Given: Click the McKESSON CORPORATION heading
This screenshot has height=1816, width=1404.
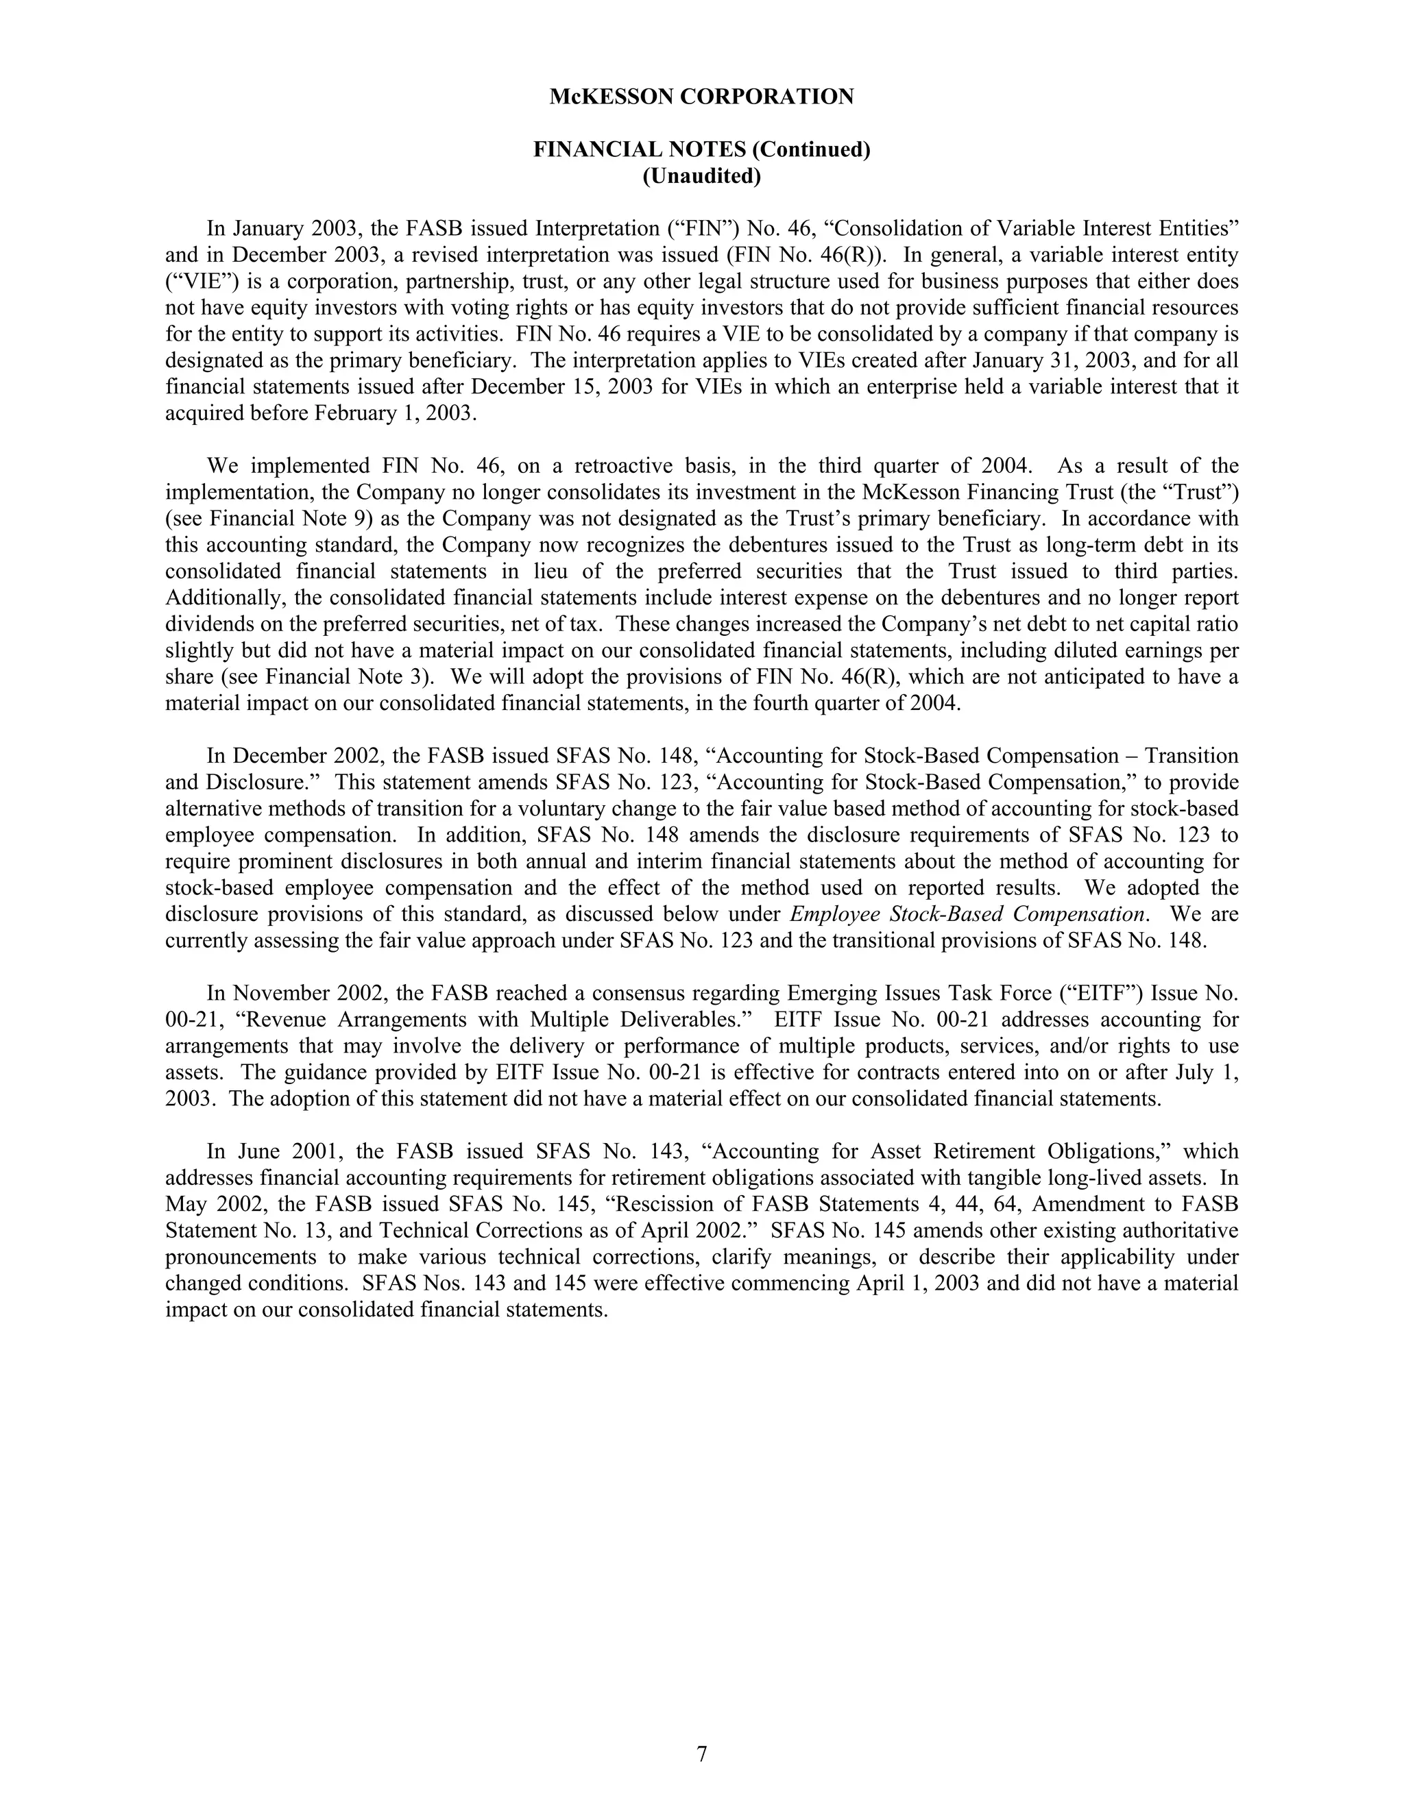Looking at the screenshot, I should (701, 97).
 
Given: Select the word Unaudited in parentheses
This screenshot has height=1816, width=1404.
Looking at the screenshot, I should (701, 176).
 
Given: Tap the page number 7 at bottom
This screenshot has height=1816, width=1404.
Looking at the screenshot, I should (701, 1754).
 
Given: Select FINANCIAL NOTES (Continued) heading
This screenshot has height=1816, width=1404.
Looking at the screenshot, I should (701, 149).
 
